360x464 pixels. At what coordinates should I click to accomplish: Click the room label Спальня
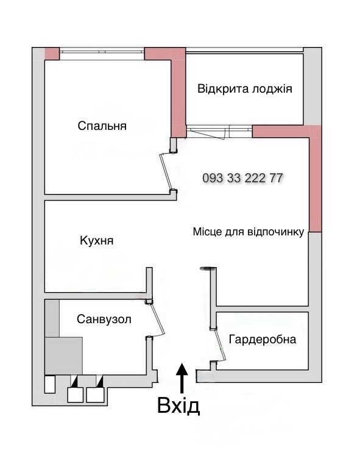click(x=102, y=126)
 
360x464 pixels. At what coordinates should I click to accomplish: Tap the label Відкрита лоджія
click(x=245, y=89)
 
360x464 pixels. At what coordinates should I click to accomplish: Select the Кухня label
click(x=97, y=241)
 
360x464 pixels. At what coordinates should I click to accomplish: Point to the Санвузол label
click(x=104, y=319)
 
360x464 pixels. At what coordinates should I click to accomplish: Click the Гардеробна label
click(x=263, y=339)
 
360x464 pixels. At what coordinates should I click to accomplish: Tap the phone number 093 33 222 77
click(x=242, y=178)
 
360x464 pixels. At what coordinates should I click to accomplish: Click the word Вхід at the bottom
click(x=178, y=405)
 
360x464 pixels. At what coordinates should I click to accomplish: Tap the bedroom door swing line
click(x=165, y=171)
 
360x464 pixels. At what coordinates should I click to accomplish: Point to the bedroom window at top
click(x=102, y=51)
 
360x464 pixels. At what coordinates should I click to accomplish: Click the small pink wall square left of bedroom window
click(x=52, y=54)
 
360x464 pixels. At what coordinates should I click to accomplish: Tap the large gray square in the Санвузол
click(x=63, y=355)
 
